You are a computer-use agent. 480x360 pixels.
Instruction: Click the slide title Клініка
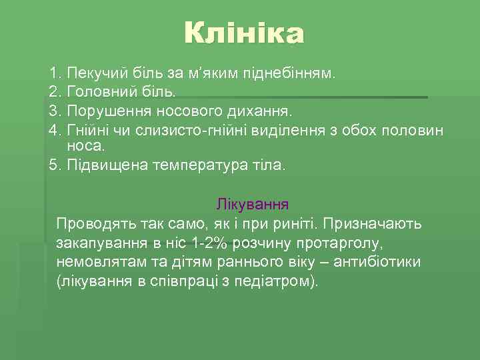(244, 34)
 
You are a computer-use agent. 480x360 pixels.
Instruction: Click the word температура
(195, 165)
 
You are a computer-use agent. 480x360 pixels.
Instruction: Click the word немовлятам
(96, 262)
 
